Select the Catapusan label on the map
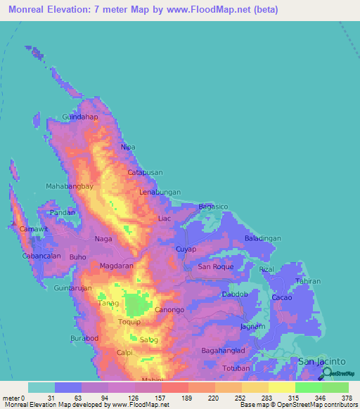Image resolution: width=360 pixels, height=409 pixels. pos(146,172)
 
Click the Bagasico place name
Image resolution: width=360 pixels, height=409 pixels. pos(214,207)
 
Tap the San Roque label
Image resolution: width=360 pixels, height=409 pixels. pos(215,267)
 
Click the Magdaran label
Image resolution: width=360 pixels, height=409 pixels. pos(116,267)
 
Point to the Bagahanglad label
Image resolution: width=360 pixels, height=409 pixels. pos(223,350)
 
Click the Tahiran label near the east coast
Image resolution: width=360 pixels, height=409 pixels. pos(307,281)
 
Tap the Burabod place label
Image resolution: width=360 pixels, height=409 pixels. pos(84,339)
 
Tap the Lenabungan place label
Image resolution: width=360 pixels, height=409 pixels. pos(160,191)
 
